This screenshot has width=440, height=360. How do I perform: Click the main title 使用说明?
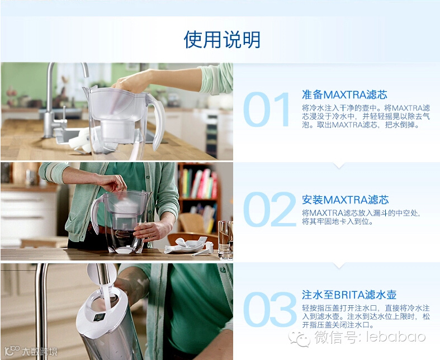click(x=222, y=39)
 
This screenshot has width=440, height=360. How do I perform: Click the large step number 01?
click(x=267, y=110)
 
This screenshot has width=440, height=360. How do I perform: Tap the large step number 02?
click(x=269, y=209)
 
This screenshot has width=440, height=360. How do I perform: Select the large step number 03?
click(x=269, y=309)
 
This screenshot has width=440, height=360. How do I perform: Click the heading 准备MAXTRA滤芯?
click(x=344, y=94)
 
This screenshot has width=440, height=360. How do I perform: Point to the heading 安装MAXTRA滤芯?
click(x=345, y=200)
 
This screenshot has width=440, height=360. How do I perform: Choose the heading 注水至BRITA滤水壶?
click(x=349, y=295)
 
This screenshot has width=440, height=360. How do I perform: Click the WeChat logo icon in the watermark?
click(x=300, y=338)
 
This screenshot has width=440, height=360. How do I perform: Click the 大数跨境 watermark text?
click(x=40, y=351)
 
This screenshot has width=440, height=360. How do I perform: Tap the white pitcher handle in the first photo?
click(x=157, y=121)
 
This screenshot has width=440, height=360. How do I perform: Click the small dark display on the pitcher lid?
click(x=100, y=318)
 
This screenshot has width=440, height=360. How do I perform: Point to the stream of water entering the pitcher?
click(x=106, y=295)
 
